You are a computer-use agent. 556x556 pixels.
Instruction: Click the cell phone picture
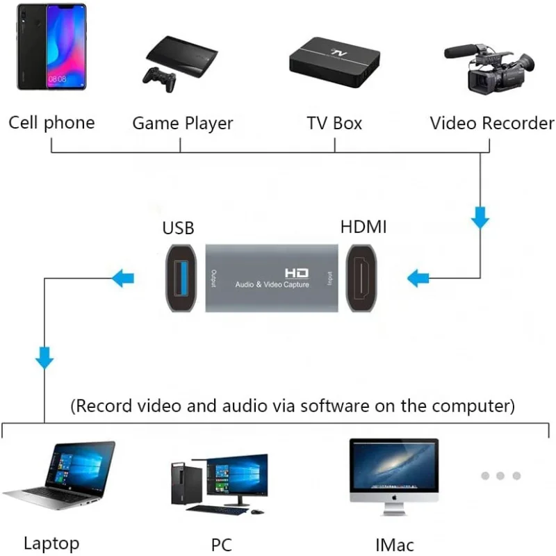pyautogui.click(x=51, y=47)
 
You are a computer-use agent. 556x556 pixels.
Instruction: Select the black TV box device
pyautogui.click(x=335, y=63)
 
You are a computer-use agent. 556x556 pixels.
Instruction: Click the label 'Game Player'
pyautogui.click(x=182, y=124)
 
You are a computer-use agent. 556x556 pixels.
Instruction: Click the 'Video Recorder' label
pyautogui.click(x=491, y=124)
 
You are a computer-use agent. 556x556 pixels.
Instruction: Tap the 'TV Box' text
pyautogui.click(x=334, y=124)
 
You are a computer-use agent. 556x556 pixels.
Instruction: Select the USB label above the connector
pyautogui.click(x=178, y=228)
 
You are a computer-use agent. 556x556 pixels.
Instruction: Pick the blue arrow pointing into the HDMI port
pyautogui.click(x=418, y=279)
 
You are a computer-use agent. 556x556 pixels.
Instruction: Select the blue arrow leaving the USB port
pyautogui.click(x=123, y=279)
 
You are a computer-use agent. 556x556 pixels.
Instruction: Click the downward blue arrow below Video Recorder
pyautogui.click(x=480, y=220)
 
